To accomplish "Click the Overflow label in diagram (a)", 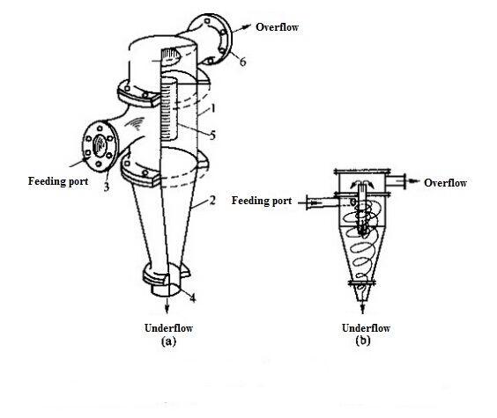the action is point(277,27).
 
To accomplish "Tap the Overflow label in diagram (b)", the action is point(445,183).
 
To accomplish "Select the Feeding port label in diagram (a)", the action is point(58,181).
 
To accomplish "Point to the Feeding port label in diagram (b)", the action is point(262,201).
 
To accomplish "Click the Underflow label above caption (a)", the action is point(168,328).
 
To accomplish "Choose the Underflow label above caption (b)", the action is point(366,328).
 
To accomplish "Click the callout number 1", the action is point(213,108).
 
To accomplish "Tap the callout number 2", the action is point(212,200).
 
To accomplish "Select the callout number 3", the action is point(106,187).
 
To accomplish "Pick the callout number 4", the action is point(193,297).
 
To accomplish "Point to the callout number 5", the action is point(212,136).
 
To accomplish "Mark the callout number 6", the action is point(242,62).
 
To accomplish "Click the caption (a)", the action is point(168,341).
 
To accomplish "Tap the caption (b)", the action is point(363,341).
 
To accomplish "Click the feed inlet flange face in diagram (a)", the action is point(100,145).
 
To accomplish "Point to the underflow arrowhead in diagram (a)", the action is point(167,310).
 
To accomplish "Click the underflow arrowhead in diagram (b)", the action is point(362,310).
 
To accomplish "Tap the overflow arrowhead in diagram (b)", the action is point(414,180).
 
